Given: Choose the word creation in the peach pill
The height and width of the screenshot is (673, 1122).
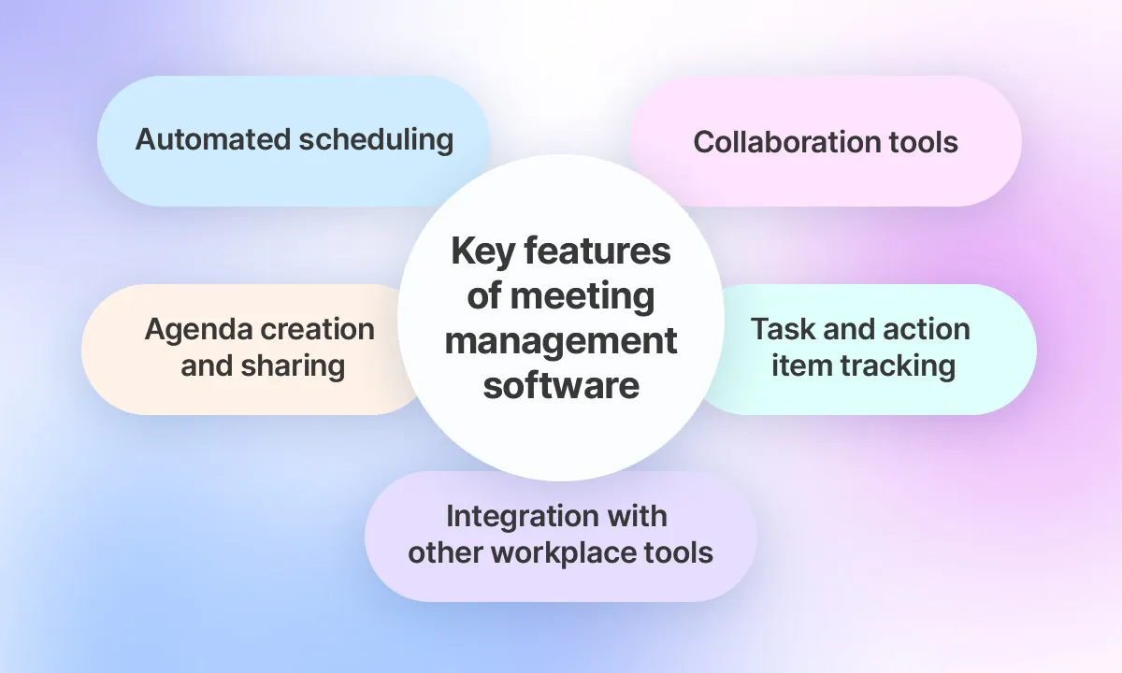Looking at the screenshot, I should tap(318, 329).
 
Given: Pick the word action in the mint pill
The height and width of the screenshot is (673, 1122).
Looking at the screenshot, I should tap(923, 329).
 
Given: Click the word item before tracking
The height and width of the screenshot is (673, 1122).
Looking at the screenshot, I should tap(796, 365).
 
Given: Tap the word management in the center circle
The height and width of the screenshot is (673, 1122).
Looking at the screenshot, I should tap(561, 340).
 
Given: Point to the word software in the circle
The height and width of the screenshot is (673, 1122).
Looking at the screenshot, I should tap(561, 383).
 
